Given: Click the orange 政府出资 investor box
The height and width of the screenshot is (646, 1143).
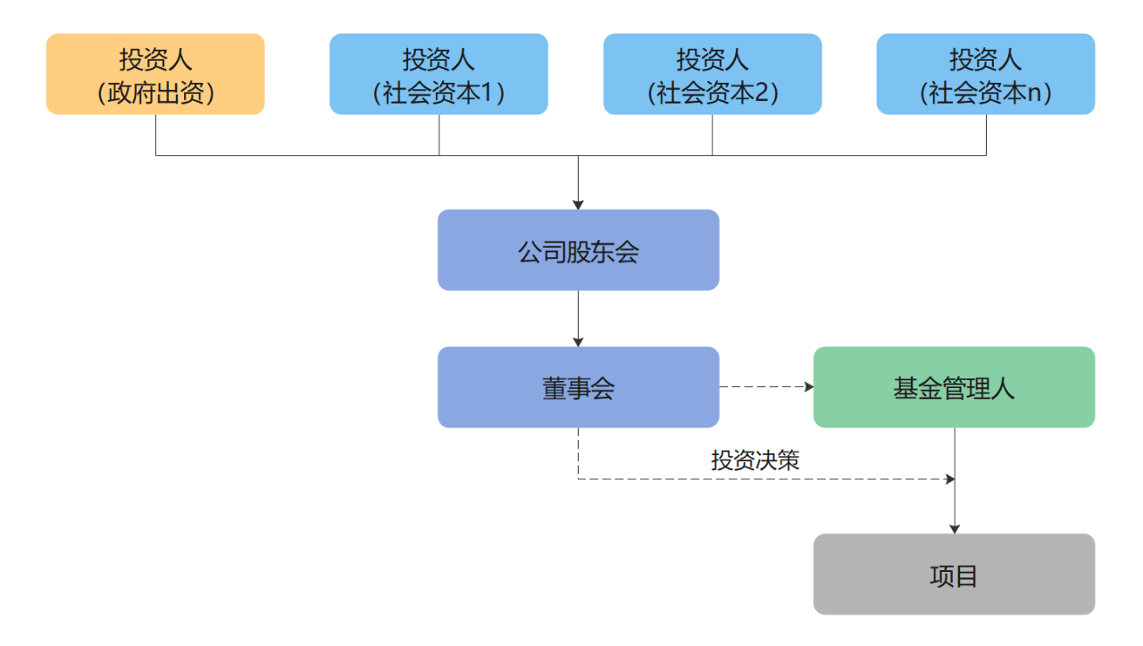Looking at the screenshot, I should pos(155,74).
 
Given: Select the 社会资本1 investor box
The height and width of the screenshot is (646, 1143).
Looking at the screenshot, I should pos(438,74).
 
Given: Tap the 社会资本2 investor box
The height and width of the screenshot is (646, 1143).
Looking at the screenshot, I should pos(712,74).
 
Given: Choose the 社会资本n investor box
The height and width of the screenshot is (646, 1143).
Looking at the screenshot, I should pos(985,74).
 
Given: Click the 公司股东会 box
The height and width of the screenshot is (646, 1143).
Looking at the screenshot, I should pos(578,250).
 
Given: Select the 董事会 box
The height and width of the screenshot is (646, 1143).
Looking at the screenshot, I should pos(578,387).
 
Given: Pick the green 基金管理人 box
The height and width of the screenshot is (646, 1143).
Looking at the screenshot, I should pos(954,387).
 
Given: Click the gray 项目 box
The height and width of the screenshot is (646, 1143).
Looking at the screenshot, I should pos(954,575).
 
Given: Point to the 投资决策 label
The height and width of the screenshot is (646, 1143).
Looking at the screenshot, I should pos(755,460).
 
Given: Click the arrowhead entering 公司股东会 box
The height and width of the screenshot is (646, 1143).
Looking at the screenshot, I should pos(578,204).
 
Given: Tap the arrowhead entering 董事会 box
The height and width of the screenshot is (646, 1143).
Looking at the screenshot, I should pos(578,342).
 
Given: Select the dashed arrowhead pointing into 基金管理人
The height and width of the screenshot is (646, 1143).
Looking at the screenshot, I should pos(808,387).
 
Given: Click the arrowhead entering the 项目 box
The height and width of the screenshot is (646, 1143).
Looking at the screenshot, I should pos(955,528).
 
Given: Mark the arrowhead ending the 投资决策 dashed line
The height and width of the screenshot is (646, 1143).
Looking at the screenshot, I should pos(950,479).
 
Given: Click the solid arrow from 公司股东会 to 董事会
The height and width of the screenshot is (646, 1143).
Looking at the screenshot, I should pos(578,317).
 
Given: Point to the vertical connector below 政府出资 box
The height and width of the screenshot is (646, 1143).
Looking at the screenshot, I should pos(156,135).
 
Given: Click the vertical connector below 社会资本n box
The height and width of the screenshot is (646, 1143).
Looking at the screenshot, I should pos(986,135).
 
